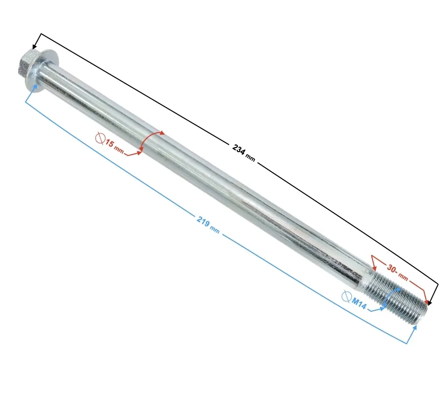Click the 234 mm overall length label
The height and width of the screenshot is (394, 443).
click(x=244, y=153)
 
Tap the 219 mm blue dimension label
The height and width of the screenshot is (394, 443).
click(x=208, y=225)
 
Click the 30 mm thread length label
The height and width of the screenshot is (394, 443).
click(x=397, y=272)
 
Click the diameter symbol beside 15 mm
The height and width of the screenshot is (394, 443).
click(x=100, y=137)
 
